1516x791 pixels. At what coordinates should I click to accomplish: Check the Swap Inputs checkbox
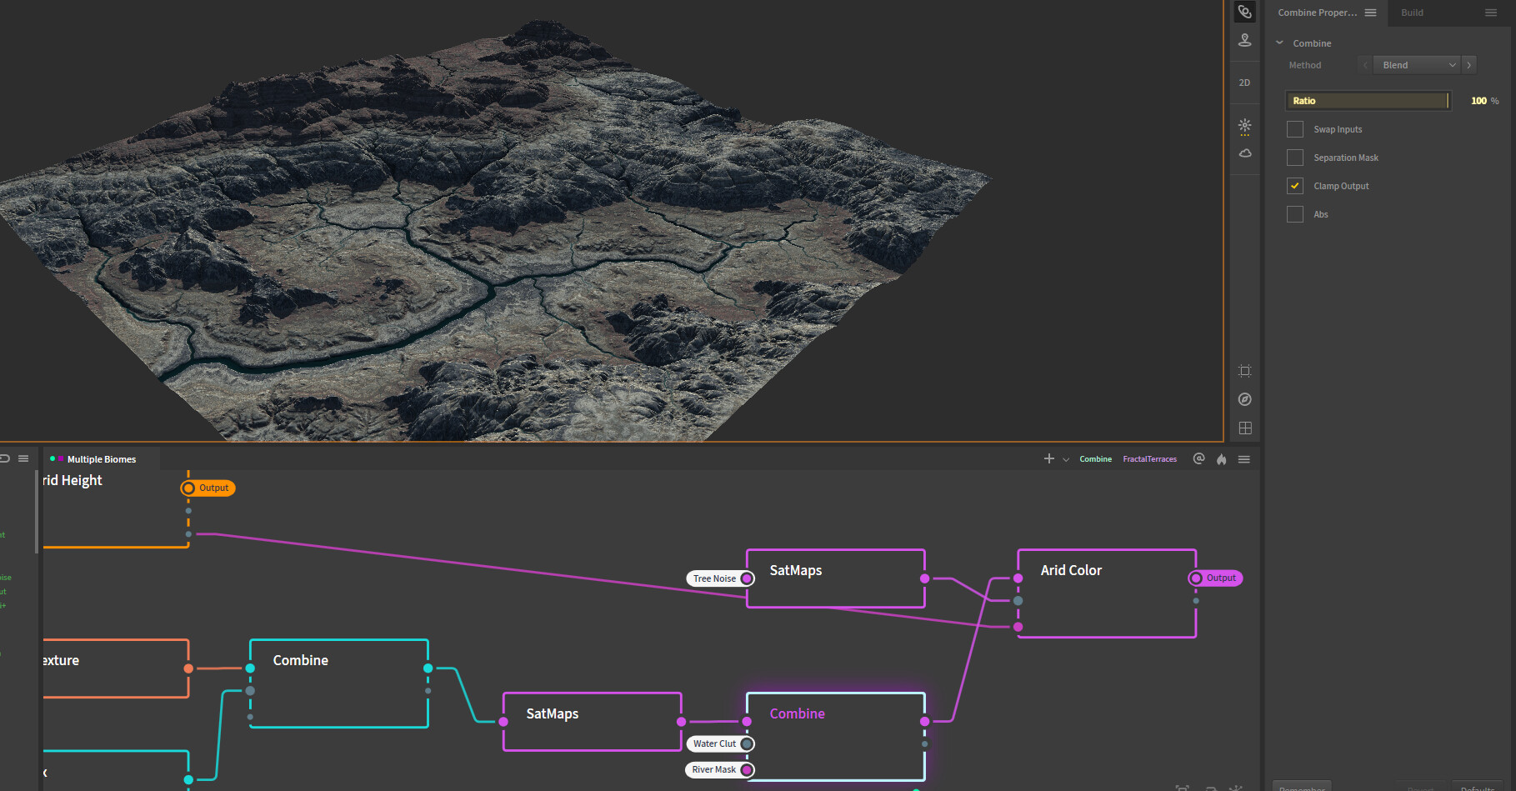[x=1295, y=129]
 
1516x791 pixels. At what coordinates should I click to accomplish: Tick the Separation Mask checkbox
[x=1295, y=158]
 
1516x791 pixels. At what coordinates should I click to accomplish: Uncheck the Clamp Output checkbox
[x=1295, y=186]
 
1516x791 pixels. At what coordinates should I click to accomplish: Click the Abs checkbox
[x=1295, y=214]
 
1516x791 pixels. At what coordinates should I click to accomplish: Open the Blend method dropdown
[x=1418, y=65]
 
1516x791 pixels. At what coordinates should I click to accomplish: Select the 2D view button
[x=1244, y=83]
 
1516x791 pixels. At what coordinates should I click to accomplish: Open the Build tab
[x=1412, y=13]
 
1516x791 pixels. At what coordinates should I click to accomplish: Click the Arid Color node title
[x=1071, y=570]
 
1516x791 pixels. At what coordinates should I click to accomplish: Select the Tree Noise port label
[x=714, y=578]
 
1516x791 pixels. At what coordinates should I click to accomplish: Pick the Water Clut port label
[x=714, y=743]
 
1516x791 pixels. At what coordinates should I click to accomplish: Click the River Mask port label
[x=713, y=769]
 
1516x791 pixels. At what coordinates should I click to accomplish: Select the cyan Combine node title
[x=301, y=660]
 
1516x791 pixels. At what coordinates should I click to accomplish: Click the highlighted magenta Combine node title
[x=798, y=713]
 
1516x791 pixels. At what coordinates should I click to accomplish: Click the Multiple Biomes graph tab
[x=101, y=459]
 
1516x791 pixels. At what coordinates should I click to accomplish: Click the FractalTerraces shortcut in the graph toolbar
[x=1149, y=459]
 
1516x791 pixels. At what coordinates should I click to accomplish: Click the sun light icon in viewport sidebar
[x=1244, y=126]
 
